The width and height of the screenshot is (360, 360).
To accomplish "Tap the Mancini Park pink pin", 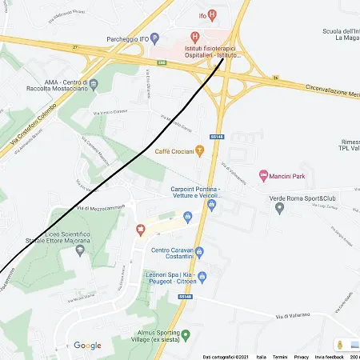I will click(x=264, y=175).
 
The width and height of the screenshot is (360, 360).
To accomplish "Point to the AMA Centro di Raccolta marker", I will click(x=94, y=83).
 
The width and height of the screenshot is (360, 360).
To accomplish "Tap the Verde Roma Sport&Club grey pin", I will click(x=279, y=208).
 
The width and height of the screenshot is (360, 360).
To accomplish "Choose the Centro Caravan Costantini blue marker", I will click(x=199, y=252).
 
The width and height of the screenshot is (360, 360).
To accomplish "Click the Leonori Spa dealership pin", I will click(x=202, y=278).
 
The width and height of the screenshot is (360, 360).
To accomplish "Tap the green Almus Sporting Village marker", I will click(x=186, y=334).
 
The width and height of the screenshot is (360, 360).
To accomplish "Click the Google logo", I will click(x=87, y=346).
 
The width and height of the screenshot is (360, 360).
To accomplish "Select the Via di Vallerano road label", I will click(x=292, y=317).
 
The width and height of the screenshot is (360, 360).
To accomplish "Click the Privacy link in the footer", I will click(x=302, y=357).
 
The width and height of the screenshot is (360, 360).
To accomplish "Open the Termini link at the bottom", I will click(x=280, y=357).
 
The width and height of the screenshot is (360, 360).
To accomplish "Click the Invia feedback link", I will click(x=329, y=357).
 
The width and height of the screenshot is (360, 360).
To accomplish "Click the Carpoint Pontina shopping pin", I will click(x=211, y=204).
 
